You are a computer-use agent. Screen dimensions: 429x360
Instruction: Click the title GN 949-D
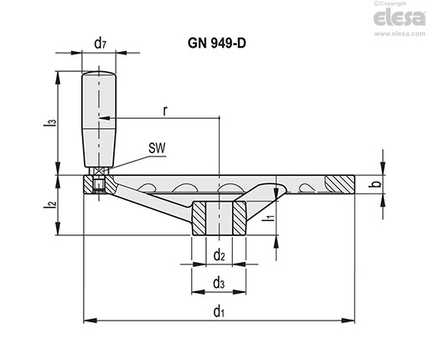[x=217, y=44]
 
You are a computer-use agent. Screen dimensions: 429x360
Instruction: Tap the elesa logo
[x=400, y=18]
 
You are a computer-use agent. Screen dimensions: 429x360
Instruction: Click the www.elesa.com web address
[x=400, y=33]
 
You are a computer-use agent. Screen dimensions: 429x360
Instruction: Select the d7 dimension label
[x=101, y=44]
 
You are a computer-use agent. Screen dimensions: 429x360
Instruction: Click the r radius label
[x=165, y=111]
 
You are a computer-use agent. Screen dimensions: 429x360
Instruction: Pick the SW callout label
[x=157, y=148]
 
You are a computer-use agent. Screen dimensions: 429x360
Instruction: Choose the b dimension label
[x=376, y=184]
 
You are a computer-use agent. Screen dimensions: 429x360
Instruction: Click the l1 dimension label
[x=269, y=217]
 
